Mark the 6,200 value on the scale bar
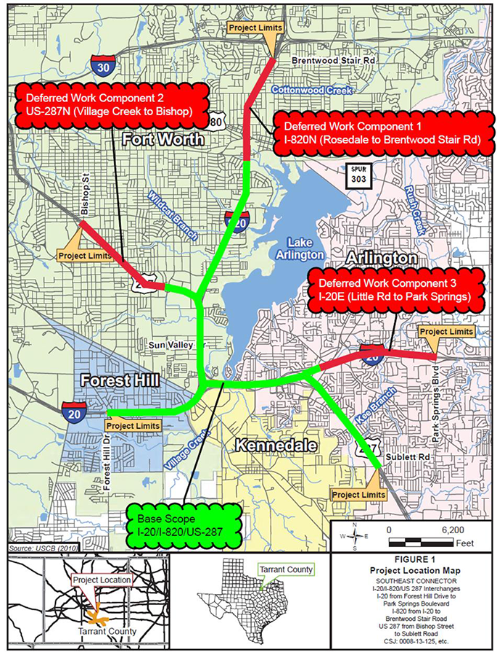click(455, 531)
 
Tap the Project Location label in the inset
click(102, 580)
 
